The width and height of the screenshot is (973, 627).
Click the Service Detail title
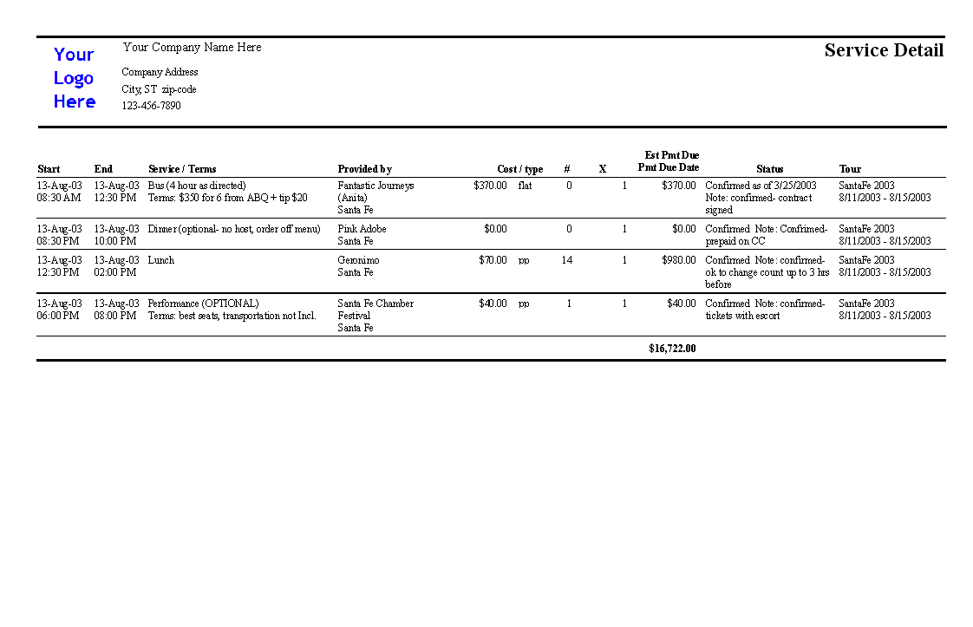(883, 50)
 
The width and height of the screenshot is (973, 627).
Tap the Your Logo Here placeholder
(75, 78)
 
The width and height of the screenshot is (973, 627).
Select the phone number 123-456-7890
(151, 106)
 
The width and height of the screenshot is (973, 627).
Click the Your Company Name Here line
(192, 47)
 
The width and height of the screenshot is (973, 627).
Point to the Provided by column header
(364, 169)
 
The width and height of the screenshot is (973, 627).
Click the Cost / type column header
(519, 169)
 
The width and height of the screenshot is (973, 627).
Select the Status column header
(769, 169)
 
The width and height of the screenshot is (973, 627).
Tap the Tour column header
(850, 169)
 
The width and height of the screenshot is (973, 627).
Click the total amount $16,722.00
(672, 349)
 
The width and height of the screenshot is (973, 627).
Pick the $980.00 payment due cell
(678, 260)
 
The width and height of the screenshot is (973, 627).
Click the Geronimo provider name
(358, 260)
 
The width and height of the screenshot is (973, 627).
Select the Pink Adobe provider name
(362, 229)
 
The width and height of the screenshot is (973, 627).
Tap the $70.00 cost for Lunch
(493, 260)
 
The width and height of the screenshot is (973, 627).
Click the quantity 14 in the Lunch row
(567, 260)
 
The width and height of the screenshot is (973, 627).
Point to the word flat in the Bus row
(525, 186)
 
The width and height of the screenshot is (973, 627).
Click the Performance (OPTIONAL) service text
(203, 304)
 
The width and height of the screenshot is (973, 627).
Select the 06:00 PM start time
(58, 316)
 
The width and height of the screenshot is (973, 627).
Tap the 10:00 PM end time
(115, 241)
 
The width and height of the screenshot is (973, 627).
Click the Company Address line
(160, 72)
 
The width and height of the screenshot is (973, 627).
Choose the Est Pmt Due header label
(671, 155)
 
